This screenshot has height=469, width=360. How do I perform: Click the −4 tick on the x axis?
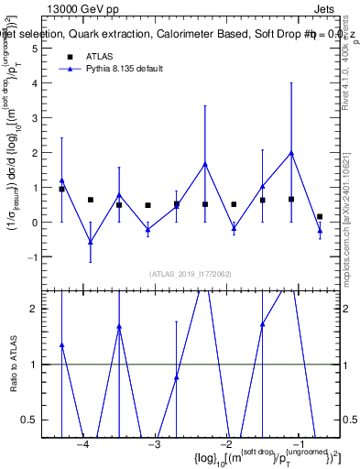tap(82, 445)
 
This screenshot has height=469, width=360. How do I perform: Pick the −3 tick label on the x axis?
tap(154, 445)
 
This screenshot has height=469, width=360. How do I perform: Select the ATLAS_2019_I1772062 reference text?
tap(190, 274)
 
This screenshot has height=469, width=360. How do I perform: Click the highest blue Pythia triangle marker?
tap(291, 153)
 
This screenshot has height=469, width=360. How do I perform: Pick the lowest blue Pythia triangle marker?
tap(90, 242)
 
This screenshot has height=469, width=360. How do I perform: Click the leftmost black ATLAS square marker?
tap(61, 189)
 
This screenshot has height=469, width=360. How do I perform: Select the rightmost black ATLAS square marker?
tap(320, 217)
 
